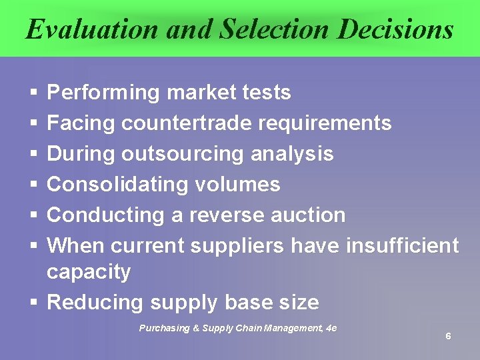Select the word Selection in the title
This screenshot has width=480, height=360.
tap(274, 29)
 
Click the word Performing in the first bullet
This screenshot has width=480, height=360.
tap(104, 93)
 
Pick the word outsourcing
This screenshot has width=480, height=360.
tap(183, 154)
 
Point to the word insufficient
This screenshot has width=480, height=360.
tap(403, 246)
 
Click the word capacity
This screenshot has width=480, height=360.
tap(89, 272)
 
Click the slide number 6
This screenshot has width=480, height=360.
tap(448, 336)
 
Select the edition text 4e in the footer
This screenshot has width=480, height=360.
tap(330, 328)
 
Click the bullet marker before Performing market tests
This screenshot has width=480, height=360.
tap(33, 93)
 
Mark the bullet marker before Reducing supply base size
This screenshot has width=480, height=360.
tap(33, 303)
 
